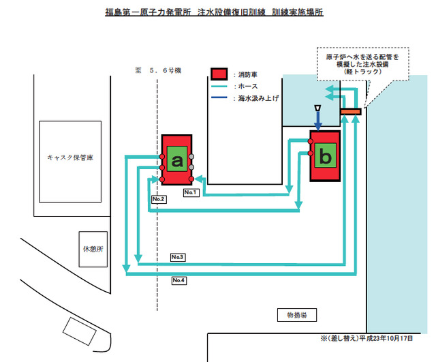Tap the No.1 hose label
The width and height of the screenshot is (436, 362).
(x=191, y=193)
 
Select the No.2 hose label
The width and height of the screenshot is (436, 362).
(x=159, y=199)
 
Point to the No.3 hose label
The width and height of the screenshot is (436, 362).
(x=178, y=257)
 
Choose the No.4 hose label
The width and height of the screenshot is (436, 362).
(x=179, y=280)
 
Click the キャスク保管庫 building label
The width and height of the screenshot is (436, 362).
(x=70, y=157)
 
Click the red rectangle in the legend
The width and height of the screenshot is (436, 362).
(x=218, y=74)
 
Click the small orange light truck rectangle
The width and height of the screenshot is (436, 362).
(x=350, y=111)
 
